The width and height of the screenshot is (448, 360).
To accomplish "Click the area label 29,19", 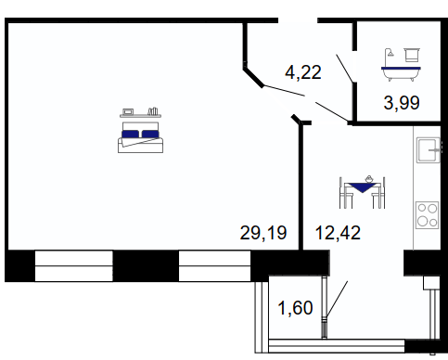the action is click(263, 233).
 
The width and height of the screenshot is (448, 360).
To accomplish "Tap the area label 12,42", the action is click(338, 233).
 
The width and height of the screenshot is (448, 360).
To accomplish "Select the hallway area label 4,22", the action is click(303, 72).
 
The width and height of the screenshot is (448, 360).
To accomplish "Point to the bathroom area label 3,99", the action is click(402, 103).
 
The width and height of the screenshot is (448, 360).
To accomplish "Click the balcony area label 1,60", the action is click(296, 308).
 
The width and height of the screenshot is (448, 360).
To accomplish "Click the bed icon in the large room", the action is click(140, 137).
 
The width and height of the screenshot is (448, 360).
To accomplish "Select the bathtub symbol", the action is click(401, 73).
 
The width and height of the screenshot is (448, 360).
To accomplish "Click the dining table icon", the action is click(363, 192).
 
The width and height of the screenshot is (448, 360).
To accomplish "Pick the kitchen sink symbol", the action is click(429, 150).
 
